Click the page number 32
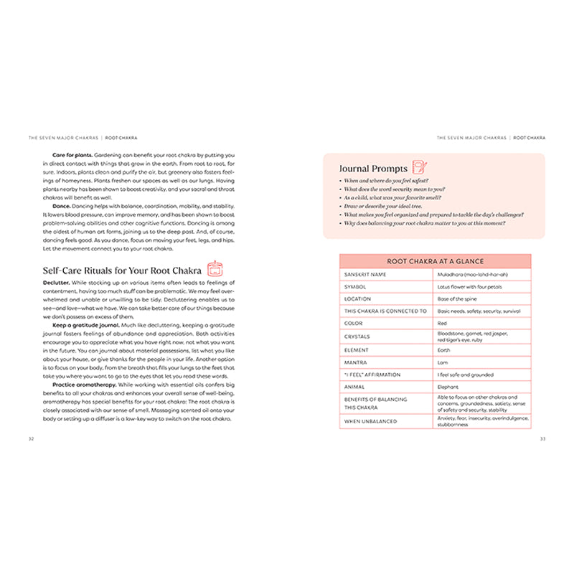30,439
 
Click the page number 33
542,439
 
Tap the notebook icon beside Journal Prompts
420,168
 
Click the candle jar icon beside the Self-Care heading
214,269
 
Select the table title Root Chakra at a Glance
435,262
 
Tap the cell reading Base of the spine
458,298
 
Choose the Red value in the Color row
443,324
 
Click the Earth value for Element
444,349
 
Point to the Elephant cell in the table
448,387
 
